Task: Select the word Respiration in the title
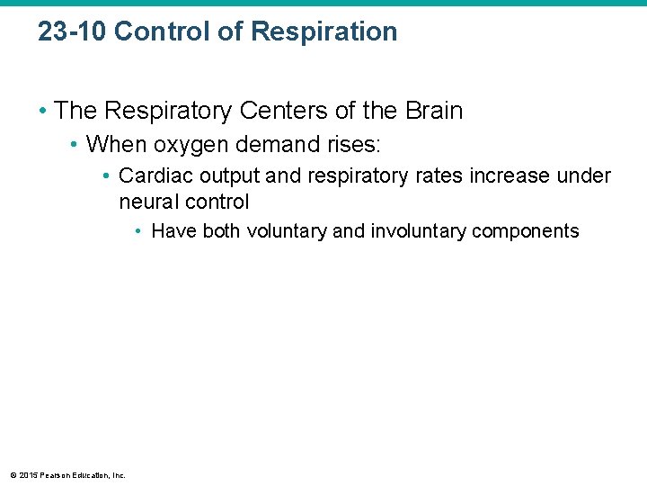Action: [x=324, y=31]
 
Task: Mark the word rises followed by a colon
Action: [x=356, y=144]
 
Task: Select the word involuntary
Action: [x=418, y=231]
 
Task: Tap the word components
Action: [x=526, y=231]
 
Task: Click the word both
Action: [x=221, y=231]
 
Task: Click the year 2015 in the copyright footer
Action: [x=28, y=475]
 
